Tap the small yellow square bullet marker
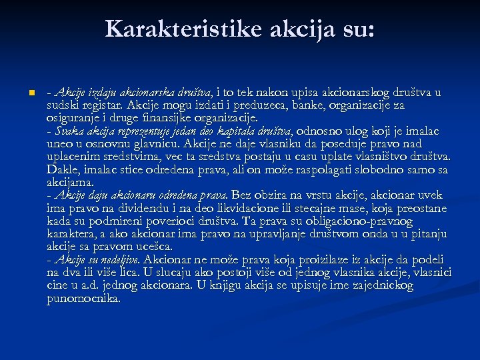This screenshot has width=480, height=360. (23, 93)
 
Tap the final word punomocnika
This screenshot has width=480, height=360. (83, 299)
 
